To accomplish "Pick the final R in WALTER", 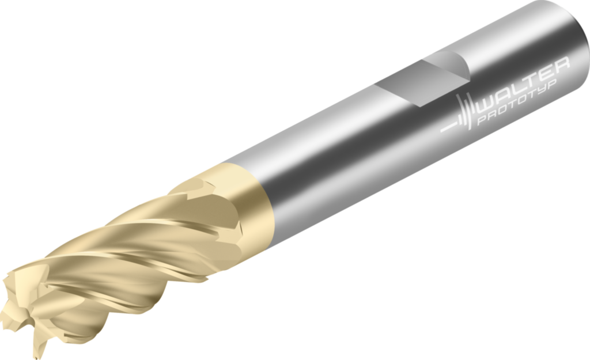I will [x=561, y=64].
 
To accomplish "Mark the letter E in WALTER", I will [x=547, y=71].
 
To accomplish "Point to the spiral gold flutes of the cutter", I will [x=133, y=253].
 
